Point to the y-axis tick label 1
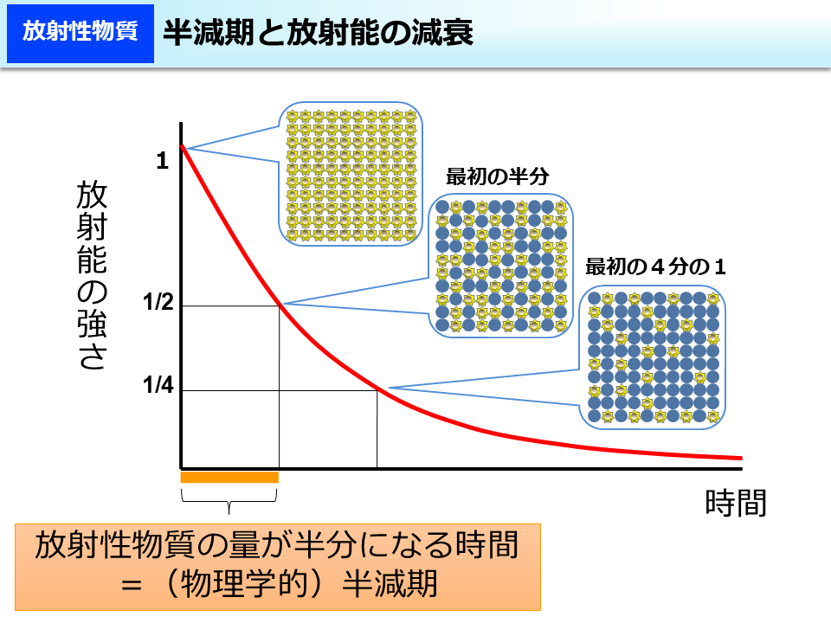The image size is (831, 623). click(162, 160)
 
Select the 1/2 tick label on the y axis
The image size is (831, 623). click(158, 303)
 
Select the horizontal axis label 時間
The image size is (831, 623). click(736, 502)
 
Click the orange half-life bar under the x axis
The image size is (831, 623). click(229, 477)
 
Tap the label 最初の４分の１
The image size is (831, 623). click(655, 267)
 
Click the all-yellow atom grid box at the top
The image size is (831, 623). click(351, 174)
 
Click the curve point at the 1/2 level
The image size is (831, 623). click(280, 304)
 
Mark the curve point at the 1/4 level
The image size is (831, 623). click(378, 389)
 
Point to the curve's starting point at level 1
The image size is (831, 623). click(182, 147)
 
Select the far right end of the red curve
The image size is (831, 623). click(740, 458)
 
